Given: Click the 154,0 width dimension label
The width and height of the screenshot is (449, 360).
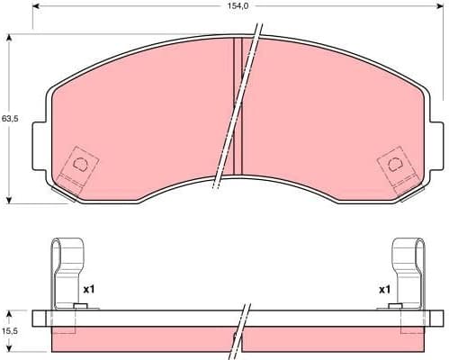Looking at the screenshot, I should click(x=237, y=6).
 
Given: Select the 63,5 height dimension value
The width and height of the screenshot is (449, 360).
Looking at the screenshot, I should click(x=9, y=118).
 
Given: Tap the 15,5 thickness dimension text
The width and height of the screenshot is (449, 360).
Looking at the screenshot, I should click(x=9, y=331).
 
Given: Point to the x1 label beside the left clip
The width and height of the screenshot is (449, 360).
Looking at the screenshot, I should click(x=89, y=290).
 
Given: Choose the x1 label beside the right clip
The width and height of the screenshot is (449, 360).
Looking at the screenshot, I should click(x=384, y=290).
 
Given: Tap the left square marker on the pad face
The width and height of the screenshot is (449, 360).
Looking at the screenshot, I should click(x=80, y=165).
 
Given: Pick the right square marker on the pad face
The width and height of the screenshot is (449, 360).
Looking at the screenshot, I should click(x=393, y=165).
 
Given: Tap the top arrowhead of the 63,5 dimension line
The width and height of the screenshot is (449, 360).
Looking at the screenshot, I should click(x=9, y=38).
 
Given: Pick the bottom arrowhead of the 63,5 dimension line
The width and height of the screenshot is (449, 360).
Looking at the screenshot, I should click(x=9, y=199).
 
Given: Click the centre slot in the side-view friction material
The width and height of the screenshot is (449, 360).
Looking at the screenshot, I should click(x=238, y=337).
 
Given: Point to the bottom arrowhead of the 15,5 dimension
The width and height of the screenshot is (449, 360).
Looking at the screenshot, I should click(x=9, y=350).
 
